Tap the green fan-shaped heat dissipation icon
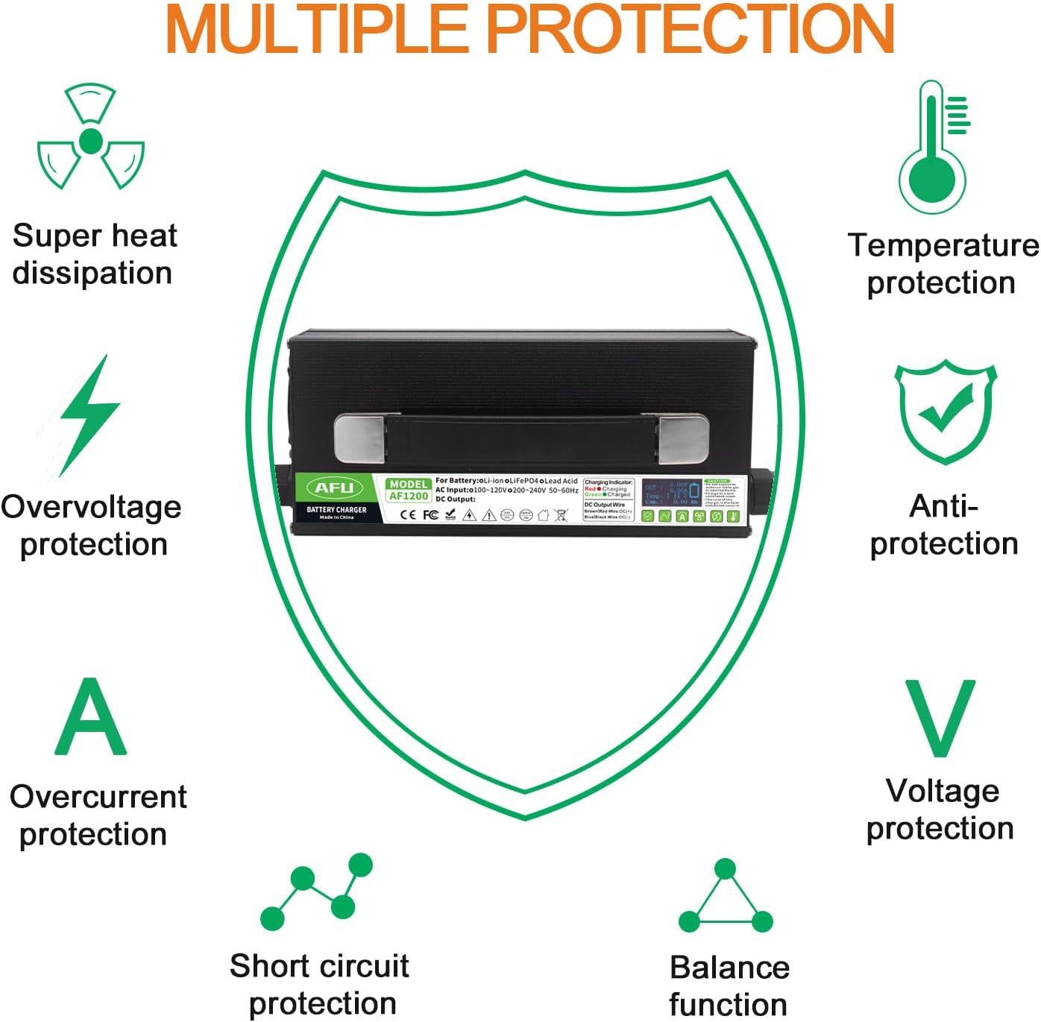point(90,138)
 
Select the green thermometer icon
point(932,149)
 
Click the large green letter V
point(940,717)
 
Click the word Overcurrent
point(98,797)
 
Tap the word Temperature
point(943,245)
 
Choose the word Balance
point(729,968)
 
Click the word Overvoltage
point(91,507)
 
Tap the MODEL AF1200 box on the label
point(408,490)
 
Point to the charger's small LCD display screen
point(672,493)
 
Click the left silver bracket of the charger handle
point(359,438)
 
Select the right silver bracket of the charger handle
point(683,438)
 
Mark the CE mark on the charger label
point(408,514)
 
